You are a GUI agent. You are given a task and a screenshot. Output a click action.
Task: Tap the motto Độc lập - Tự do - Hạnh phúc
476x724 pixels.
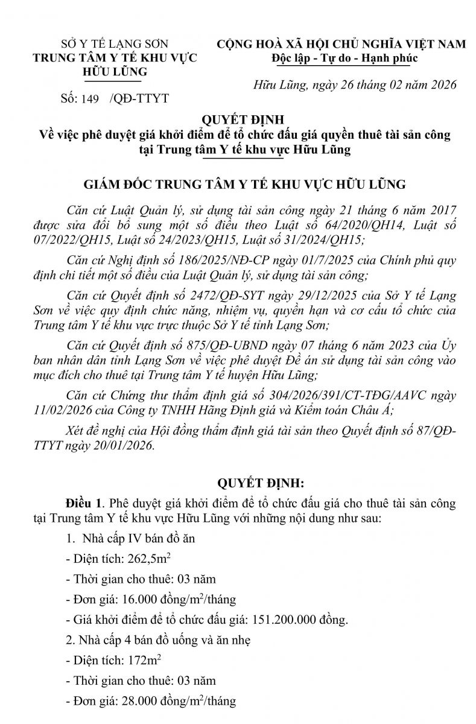(344, 58)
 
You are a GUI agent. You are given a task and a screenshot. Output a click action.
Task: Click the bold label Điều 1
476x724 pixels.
(83, 503)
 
